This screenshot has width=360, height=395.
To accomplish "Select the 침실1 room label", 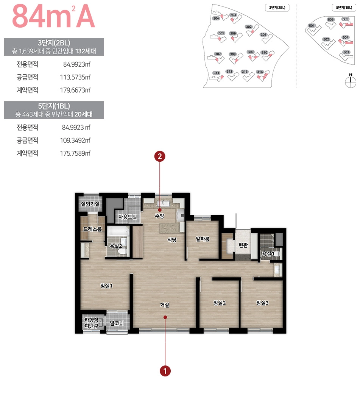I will pos(107,286).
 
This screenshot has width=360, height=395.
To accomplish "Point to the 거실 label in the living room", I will pos(165,305).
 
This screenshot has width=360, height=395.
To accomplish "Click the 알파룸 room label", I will pos(203,239).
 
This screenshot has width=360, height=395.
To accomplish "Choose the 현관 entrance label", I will pos(243,245).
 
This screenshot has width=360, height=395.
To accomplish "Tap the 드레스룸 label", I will pos(92,229).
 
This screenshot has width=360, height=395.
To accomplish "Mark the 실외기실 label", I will pos(90,204).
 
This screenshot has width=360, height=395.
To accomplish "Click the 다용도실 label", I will pos(128,217).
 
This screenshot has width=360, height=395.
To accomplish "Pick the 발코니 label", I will pos(117,323).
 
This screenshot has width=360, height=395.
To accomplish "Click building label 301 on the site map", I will pos(264,35).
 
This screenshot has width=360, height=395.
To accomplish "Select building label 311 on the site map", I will pos(216,73).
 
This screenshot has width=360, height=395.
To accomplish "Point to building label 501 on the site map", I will pos(312,25).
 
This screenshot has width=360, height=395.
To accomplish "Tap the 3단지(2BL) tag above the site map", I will pos(277,8).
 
